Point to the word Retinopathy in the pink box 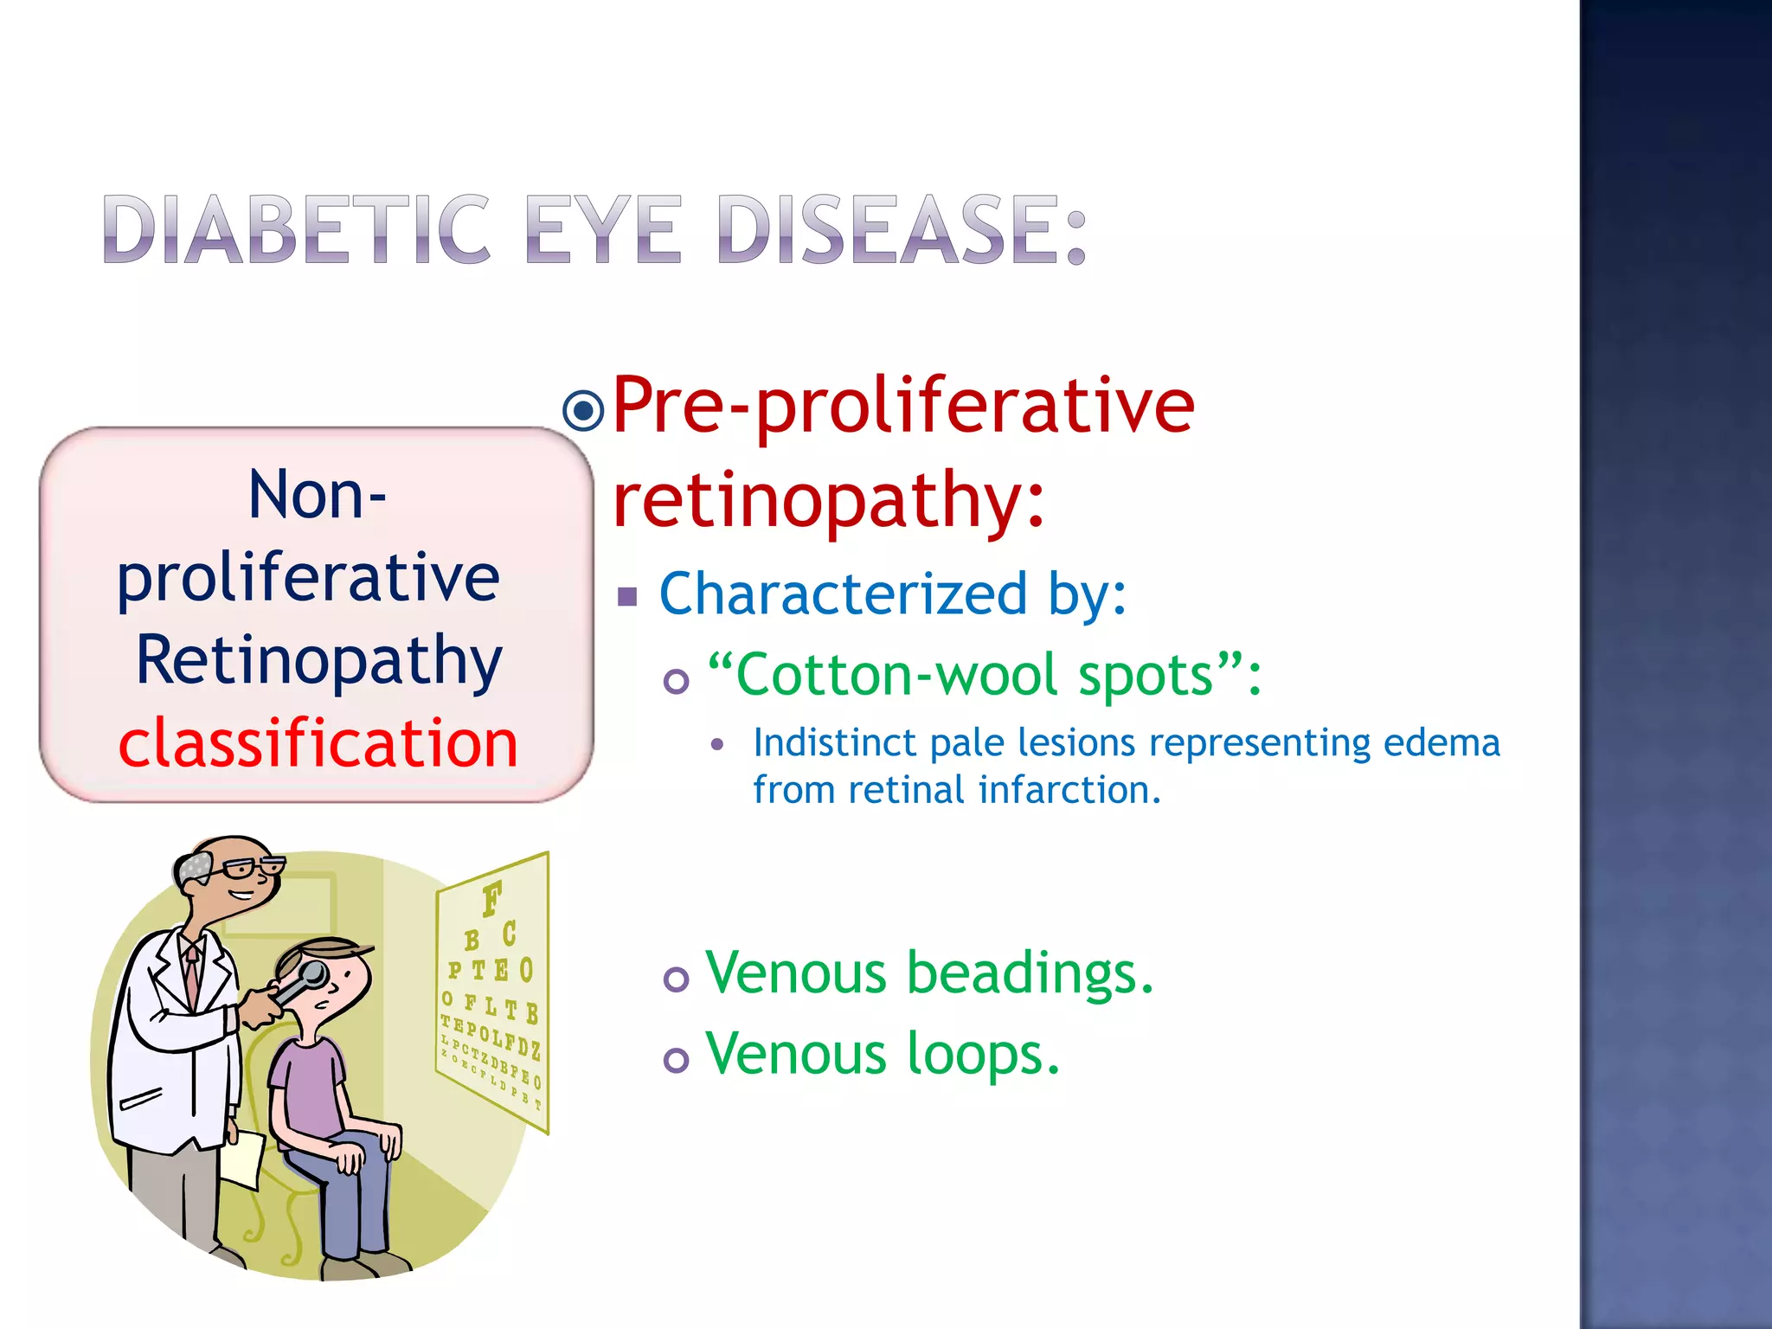pos(318,660)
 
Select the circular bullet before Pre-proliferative pos(583,409)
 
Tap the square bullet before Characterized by pos(627,596)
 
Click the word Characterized pos(844,594)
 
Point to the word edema pos(1441,742)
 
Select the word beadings pos(1030,973)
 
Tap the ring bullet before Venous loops pos(676,1060)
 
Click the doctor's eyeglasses pos(250,868)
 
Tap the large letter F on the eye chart pos(491,899)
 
